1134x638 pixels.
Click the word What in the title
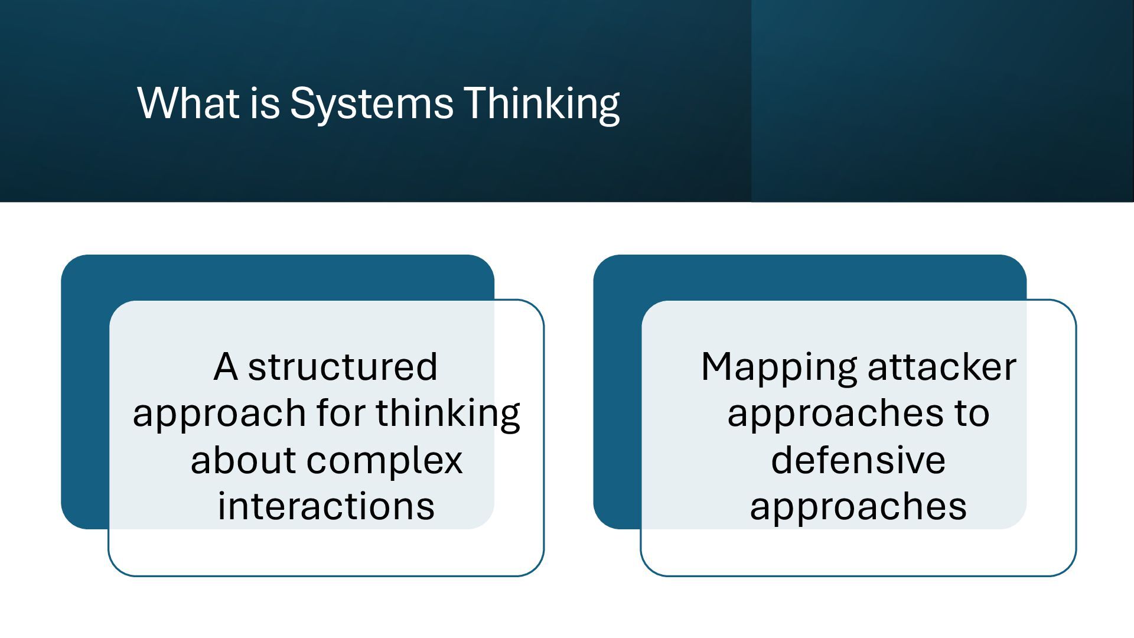[189, 103]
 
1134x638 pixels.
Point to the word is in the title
[264, 103]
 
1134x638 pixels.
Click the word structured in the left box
[343, 366]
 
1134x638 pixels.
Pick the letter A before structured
[226, 366]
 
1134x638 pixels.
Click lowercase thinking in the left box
[448, 414]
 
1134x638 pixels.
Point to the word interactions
[326, 506]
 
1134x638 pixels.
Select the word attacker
[942, 366]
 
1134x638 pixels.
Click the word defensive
[858, 460]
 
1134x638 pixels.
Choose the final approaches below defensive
[858, 507]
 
